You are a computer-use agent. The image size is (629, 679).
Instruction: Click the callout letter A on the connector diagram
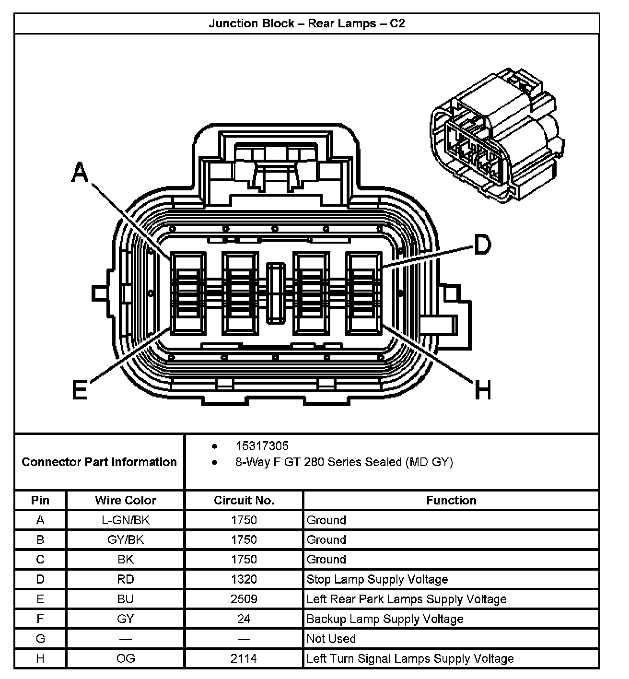[80, 172]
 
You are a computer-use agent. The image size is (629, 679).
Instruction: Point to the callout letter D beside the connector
[482, 245]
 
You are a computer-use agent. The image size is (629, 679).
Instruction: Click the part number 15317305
[262, 446]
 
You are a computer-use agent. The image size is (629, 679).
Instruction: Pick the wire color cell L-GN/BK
[125, 520]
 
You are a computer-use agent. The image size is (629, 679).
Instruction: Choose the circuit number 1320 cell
[244, 579]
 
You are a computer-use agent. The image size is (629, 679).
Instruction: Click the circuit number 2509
[244, 599]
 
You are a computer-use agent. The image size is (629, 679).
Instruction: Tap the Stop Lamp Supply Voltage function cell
[377, 579]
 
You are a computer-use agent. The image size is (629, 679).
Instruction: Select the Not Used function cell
[331, 639]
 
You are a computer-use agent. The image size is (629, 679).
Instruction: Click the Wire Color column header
[125, 500]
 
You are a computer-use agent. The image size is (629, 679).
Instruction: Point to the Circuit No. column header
[244, 500]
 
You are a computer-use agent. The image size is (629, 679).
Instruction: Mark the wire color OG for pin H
[125, 658]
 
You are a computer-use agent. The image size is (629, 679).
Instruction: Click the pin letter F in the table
[40, 619]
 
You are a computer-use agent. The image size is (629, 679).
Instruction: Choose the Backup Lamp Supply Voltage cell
[384, 619]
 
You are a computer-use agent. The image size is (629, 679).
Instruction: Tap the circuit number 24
[244, 619]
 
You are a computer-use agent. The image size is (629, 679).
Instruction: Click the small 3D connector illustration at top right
[496, 136]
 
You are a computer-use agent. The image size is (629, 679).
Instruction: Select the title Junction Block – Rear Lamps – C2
[307, 23]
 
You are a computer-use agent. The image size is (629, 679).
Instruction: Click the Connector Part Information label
[99, 462]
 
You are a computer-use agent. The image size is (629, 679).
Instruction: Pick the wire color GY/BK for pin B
[125, 539]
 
